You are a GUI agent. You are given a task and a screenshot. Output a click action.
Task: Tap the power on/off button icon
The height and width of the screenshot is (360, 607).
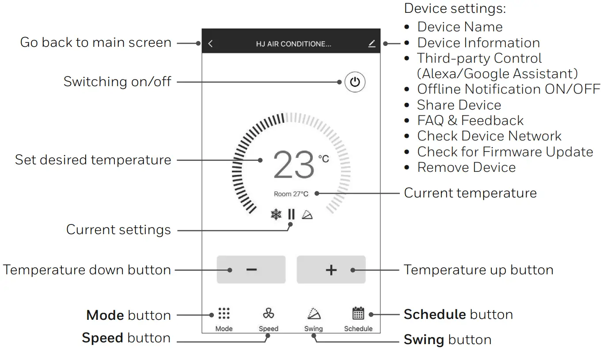point(355,82)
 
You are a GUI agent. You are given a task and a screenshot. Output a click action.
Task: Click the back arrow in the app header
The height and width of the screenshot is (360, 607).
point(211,44)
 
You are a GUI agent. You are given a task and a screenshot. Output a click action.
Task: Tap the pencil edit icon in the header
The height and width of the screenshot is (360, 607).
point(372,43)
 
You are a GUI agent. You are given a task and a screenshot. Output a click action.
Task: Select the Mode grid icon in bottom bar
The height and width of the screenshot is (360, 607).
point(224,314)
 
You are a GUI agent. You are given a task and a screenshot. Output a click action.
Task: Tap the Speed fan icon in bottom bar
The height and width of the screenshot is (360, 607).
point(268,314)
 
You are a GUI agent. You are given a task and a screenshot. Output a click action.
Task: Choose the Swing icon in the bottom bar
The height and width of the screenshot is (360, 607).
point(314,314)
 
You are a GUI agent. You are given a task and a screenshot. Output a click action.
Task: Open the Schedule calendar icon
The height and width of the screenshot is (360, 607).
point(358,313)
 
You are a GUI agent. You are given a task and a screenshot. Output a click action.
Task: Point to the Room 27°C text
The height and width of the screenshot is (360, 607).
point(291,193)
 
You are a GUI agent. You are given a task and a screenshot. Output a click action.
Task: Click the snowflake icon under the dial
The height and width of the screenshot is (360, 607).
point(276,215)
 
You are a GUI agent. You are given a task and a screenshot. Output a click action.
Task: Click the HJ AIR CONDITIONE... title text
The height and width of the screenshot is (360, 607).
point(293,44)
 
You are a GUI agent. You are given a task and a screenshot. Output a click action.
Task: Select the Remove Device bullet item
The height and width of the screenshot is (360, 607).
point(466,167)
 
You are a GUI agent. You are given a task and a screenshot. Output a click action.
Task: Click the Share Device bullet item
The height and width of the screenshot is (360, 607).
point(459,105)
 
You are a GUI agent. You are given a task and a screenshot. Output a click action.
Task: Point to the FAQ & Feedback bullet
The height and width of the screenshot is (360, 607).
point(470,121)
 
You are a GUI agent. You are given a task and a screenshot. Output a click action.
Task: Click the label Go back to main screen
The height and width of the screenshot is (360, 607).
point(95,43)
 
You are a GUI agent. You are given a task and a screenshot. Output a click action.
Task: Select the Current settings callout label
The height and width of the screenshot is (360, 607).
point(118,230)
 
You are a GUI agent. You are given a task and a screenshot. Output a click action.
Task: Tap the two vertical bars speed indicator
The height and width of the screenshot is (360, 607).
point(291,215)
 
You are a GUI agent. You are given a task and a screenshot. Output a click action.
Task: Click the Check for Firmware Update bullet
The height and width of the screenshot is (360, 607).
point(505,152)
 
